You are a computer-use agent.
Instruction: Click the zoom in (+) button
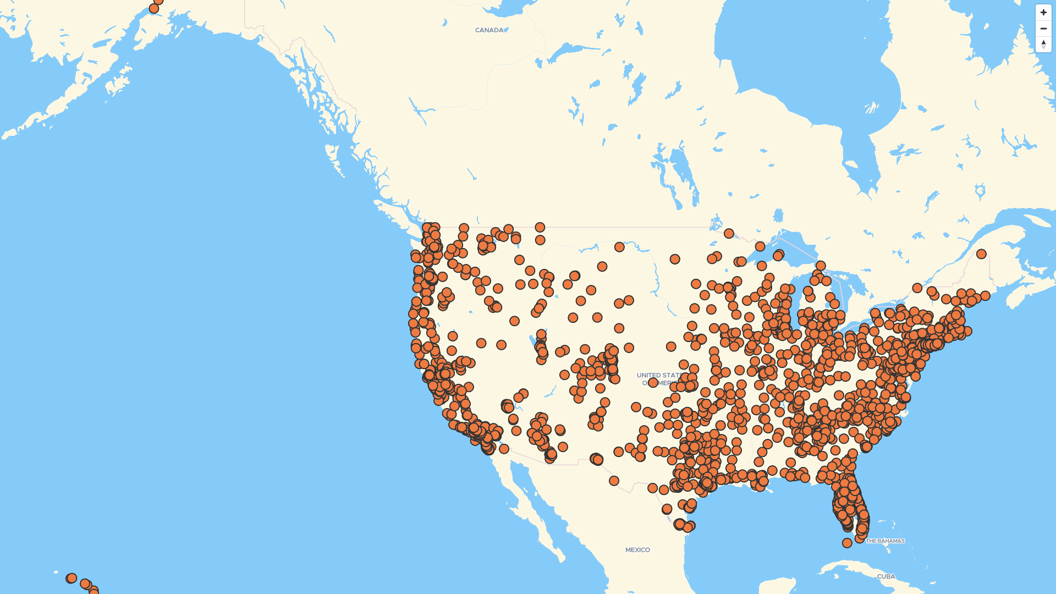point(1043,13)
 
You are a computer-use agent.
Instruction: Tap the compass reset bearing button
point(1043,44)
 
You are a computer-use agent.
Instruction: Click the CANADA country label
point(489,30)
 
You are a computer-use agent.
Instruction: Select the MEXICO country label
point(637,549)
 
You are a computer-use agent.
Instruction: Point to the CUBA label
point(886,576)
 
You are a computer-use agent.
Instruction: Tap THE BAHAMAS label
point(885,541)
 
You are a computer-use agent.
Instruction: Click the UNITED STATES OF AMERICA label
point(660,378)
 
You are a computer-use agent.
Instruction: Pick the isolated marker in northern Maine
point(981,254)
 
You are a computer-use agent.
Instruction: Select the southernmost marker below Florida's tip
point(847,543)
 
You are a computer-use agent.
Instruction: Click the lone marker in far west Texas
point(614,481)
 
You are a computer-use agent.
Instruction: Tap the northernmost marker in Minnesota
point(729,233)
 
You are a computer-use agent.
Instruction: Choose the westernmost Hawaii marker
point(71,578)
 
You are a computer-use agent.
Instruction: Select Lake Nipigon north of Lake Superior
point(778,215)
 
